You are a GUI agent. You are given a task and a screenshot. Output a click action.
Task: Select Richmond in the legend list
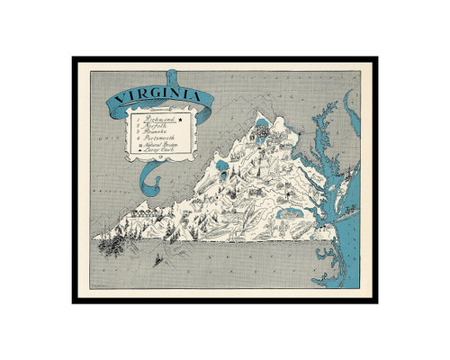coord(159,118)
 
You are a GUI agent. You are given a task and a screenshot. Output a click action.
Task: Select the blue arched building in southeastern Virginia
coord(292,214)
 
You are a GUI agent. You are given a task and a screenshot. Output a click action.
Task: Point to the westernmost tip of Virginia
coord(94,238)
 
